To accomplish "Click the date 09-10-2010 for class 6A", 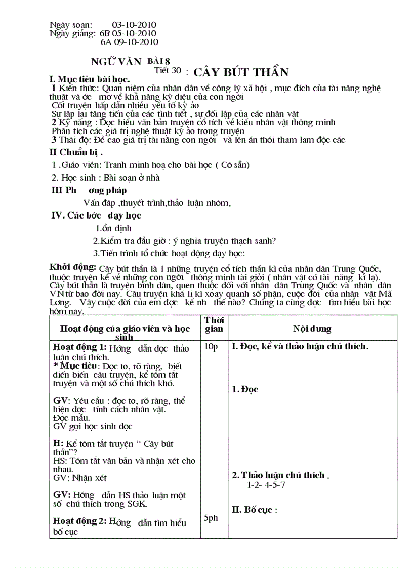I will point(137,42).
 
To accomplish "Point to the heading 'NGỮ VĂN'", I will point(110,62).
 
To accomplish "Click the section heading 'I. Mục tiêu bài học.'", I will point(89,79).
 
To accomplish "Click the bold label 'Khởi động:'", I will point(72,267).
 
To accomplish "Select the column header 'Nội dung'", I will point(312,329).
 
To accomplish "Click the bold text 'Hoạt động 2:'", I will point(79,521).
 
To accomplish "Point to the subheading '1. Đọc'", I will point(245,389).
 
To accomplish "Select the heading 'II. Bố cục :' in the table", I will point(255,510).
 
